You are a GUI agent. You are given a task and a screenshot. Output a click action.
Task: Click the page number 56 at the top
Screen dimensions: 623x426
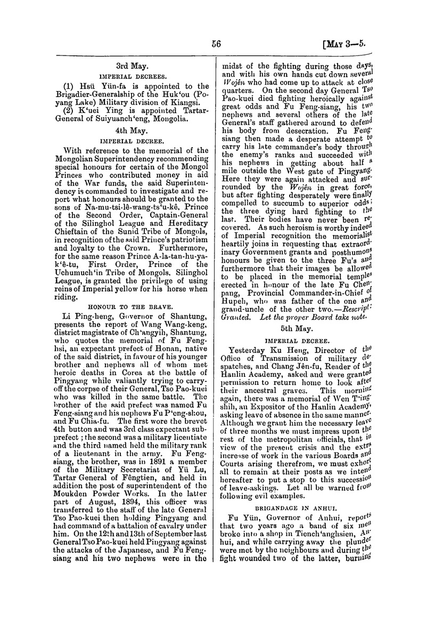[216, 45]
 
